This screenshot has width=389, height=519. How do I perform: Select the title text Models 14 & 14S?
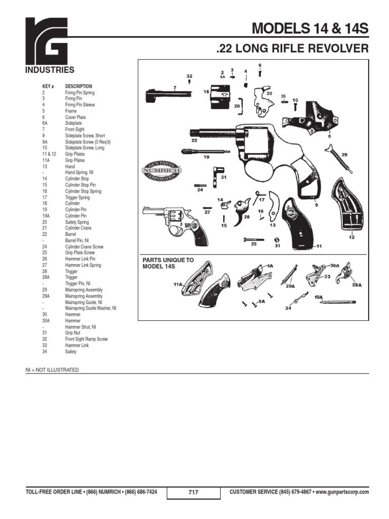pyautogui.click(x=310, y=29)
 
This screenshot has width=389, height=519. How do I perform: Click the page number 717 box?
pyautogui.click(x=193, y=492)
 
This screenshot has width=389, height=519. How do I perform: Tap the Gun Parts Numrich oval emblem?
pyautogui.click(x=160, y=171)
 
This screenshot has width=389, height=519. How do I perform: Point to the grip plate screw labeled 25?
pyautogui.click(x=253, y=238)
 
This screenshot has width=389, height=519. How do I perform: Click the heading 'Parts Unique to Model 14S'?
pyautogui.click(x=168, y=263)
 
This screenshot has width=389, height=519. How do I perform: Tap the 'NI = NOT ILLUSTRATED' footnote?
pyautogui.click(x=52, y=370)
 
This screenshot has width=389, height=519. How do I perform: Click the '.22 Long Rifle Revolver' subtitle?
pyautogui.click(x=292, y=49)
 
